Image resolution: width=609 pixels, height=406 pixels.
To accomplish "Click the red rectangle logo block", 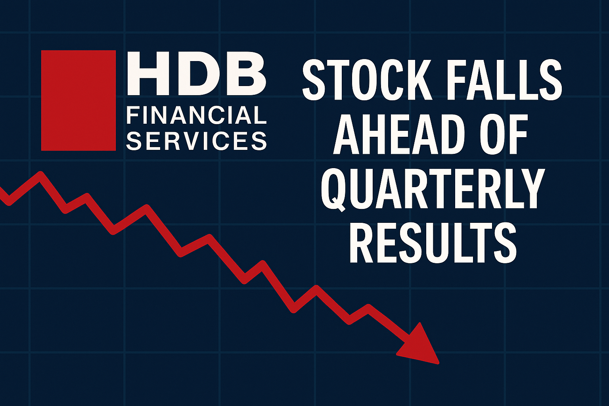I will pos(78,100).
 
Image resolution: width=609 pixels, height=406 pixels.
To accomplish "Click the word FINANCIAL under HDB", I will pos(196,115).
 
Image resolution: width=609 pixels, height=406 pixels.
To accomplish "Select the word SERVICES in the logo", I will pos(196,141).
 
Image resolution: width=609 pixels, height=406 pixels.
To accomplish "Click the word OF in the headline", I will pos(504,135).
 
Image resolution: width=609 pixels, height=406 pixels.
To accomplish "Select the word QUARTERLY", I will pos(432,189).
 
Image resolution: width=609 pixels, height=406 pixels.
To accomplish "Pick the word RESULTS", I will pos(433,243).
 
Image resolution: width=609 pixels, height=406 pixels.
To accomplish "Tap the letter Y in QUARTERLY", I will pos(530,189).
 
